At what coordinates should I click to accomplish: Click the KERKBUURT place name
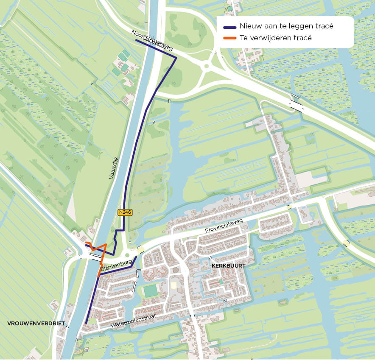click(x=228, y=265)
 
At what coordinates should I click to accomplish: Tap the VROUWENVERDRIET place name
click(x=36, y=324)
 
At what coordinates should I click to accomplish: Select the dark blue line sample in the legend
click(x=229, y=27)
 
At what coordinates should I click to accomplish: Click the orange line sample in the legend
click(x=229, y=38)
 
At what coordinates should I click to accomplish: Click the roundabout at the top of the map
click(x=207, y=66)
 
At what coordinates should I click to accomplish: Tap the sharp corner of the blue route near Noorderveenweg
click(x=176, y=57)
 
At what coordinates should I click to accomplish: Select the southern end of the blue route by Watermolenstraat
click(x=86, y=323)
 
